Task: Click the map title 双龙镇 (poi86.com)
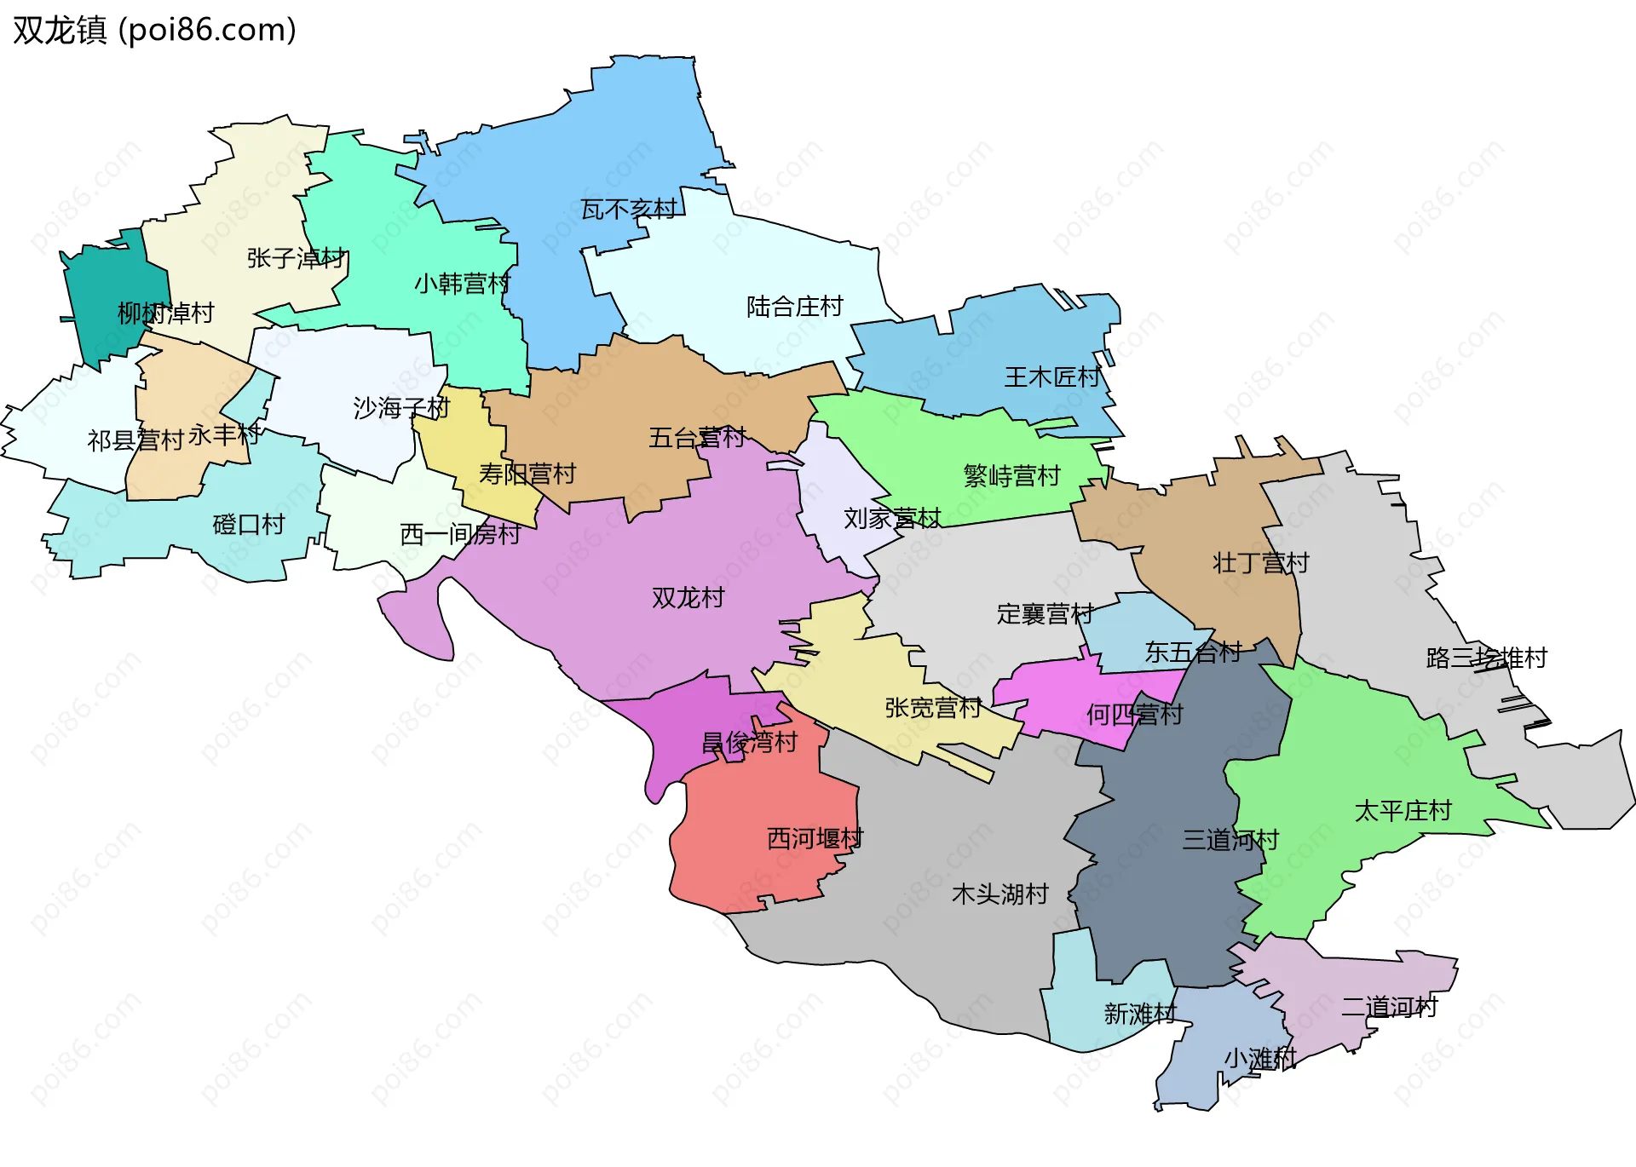point(154,30)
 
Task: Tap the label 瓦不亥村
point(628,210)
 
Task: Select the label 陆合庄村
point(794,307)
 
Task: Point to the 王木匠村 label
point(1051,377)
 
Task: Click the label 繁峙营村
point(1011,476)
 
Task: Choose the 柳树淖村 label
point(165,313)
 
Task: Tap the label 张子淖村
point(296,258)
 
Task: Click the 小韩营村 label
point(462,284)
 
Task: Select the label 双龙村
point(688,598)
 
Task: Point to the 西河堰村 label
point(815,839)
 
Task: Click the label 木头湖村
point(999,894)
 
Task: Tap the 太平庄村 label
point(1403,811)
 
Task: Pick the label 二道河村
point(1389,1008)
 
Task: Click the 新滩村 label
point(1139,1014)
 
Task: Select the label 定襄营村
point(1045,614)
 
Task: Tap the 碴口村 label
point(248,525)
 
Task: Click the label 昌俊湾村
point(749,743)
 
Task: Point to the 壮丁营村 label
point(1260,563)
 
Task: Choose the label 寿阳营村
point(527,474)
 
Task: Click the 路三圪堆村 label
point(1486,658)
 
